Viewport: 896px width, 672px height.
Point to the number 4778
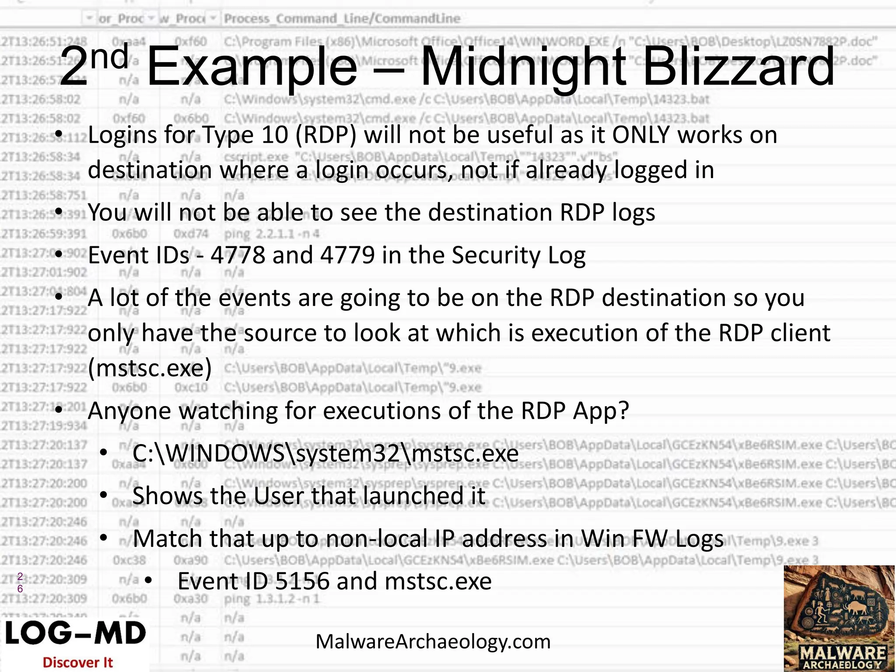coord(238,255)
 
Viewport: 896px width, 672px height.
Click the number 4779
coord(347,255)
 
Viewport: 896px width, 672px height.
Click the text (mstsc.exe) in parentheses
coord(150,368)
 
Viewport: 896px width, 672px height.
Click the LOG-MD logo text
coord(75,633)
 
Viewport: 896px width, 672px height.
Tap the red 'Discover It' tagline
coord(77,662)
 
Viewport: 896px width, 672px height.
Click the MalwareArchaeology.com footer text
coord(433,642)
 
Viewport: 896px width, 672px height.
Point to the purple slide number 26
coord(20,583)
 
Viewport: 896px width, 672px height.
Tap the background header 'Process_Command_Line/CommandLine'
coord(342,18)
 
